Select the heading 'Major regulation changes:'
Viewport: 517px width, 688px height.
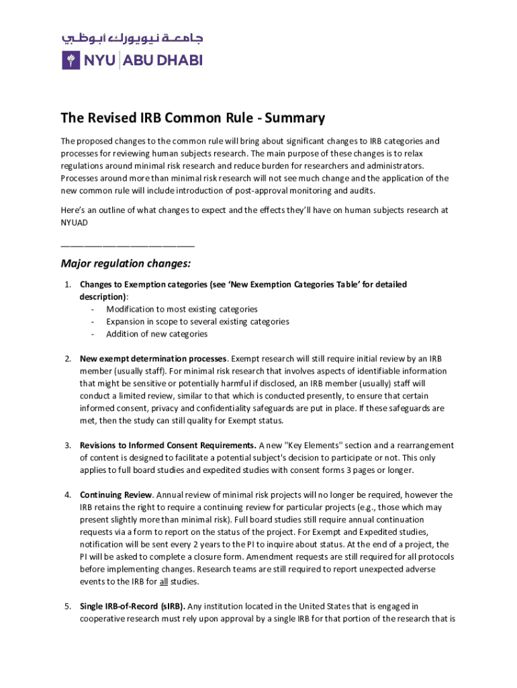(126, 263)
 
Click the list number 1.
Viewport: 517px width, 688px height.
(68, 285)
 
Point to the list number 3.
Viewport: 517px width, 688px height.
(68, 445)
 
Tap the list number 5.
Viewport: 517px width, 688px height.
(68, 606)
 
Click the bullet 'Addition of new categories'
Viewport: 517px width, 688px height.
(156, 334)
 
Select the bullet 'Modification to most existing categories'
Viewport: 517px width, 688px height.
(181, 309)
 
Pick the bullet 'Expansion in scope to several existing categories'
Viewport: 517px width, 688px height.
(197, 322)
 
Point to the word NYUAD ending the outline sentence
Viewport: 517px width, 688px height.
(74, 222)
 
